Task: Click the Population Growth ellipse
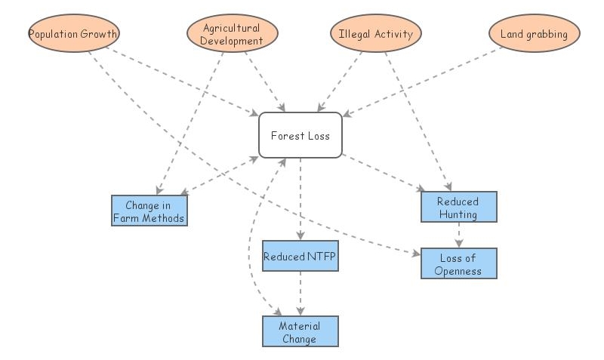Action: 73,34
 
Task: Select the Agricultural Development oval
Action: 232,34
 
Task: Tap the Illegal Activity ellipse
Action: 375,34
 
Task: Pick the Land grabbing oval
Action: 534,34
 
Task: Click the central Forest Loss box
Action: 300,136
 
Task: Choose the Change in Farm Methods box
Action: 149,211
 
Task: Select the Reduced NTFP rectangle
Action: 300,257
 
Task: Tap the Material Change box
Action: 300,332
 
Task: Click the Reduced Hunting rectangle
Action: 458,207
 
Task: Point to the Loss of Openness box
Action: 458,263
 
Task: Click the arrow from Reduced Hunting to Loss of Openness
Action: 458,235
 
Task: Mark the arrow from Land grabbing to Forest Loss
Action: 423,82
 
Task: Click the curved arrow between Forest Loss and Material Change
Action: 250,249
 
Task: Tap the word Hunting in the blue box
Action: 458,214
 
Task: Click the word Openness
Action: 458,271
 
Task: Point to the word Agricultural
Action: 233,28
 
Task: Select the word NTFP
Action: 320,257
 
